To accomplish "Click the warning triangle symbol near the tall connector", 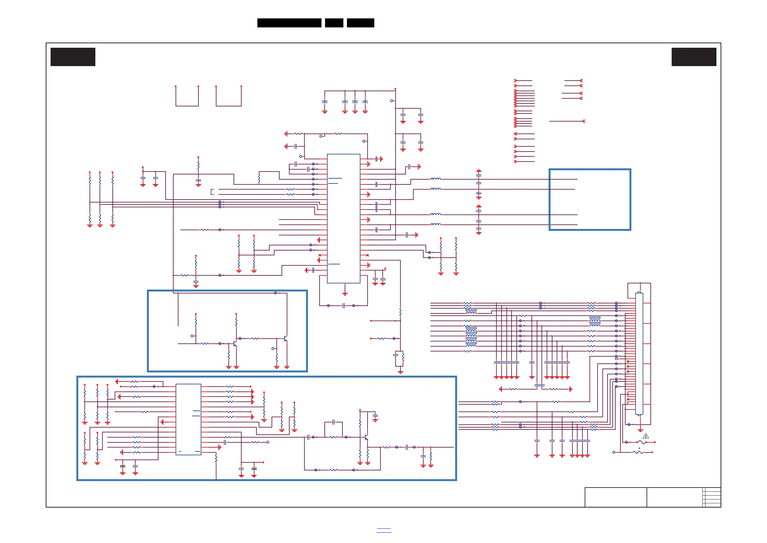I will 646,436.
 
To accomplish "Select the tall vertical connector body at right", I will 639,354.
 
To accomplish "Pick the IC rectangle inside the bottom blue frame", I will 188,419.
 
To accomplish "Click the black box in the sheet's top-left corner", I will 73,57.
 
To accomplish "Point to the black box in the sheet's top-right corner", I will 694,57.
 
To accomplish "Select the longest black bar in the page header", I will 289,23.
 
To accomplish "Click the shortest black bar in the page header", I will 334,23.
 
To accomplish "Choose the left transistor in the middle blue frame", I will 235,344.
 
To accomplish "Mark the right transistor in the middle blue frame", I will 285,339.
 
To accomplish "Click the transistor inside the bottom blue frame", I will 367,437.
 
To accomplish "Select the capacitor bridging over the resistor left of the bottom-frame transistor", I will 333,422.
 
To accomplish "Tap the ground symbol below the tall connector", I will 640,430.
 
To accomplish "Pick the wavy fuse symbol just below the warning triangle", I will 641,442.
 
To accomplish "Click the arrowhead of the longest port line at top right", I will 584,121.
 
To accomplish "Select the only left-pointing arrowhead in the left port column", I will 515,134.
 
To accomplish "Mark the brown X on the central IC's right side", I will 368,255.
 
